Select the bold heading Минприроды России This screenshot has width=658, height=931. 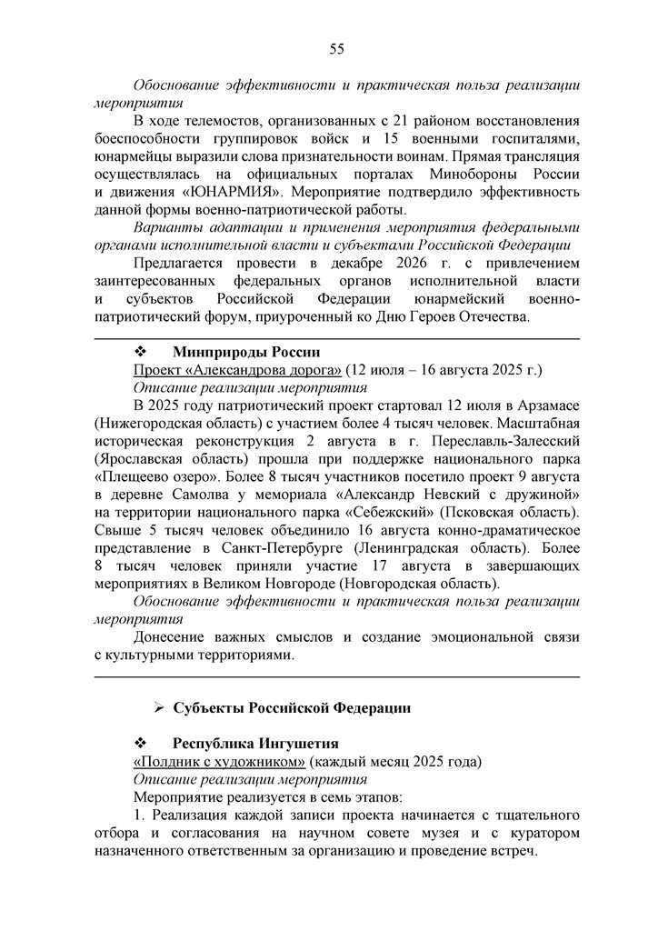click(245, 352)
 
